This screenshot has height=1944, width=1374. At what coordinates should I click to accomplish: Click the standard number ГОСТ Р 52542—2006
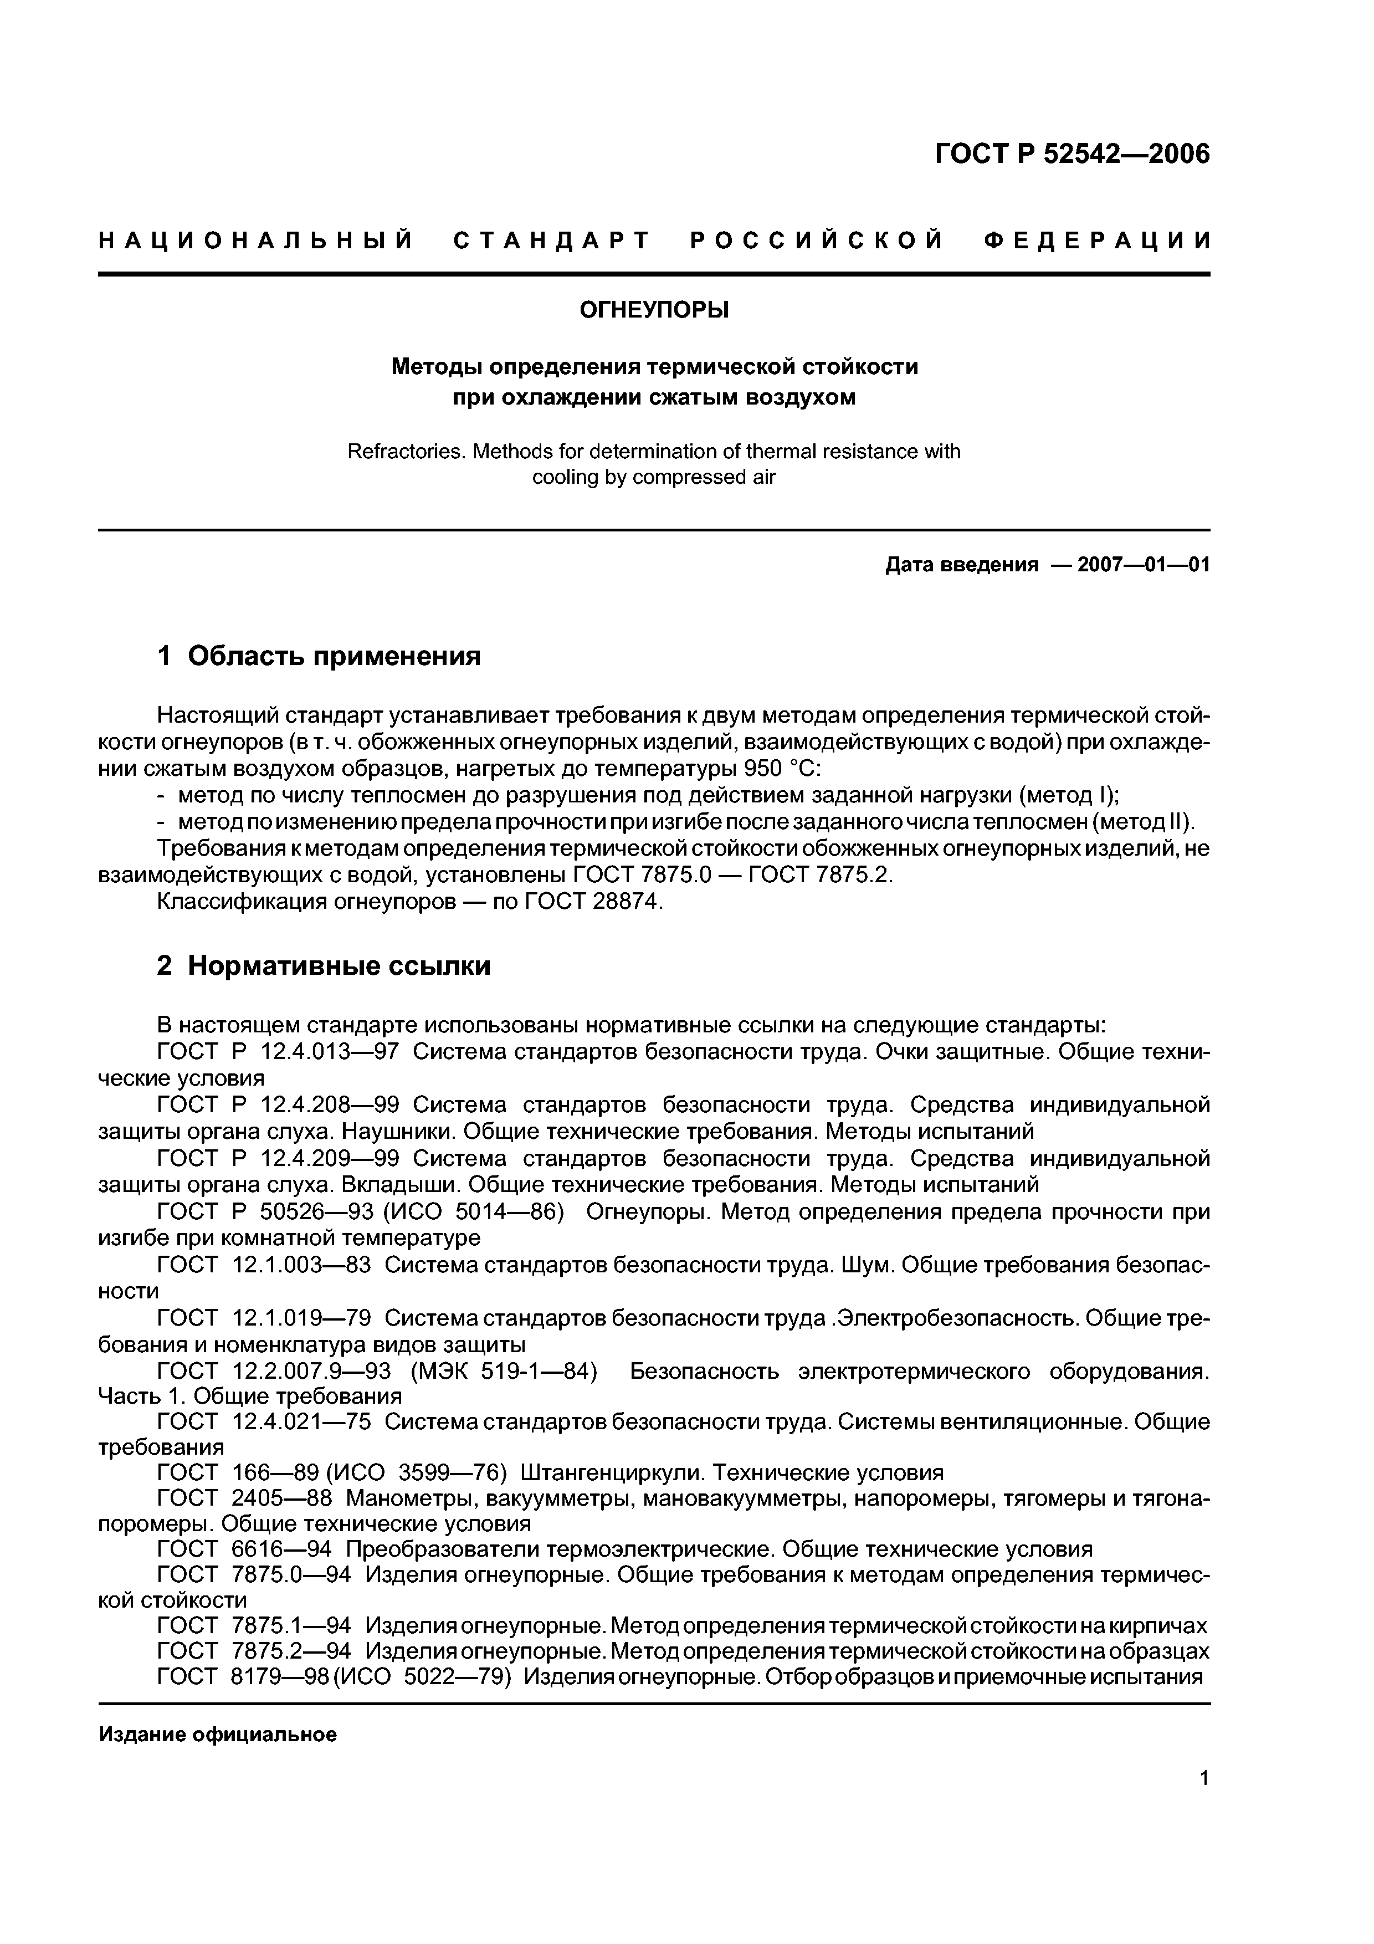click(x=1071, y=154)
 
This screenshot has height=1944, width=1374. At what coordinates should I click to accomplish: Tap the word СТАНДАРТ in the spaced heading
click(x=551, y=241)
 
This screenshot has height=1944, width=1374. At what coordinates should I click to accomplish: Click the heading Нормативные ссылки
click(x=339, y=965)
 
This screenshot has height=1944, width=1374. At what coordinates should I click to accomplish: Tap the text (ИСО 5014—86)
click(x=474, y=1211)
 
